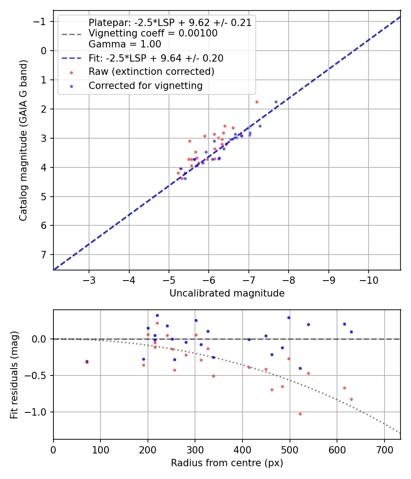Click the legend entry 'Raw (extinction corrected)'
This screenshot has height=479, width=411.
coord(151,72)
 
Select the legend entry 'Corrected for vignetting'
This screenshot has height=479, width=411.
coord(145,85)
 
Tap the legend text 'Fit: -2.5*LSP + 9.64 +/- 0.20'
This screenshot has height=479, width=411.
coord(156,58)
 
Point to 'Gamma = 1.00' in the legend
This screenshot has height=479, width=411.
coord(125,44)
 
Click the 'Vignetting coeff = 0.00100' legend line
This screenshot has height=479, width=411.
coord(153,33)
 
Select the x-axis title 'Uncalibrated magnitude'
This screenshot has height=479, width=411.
coord(227,293)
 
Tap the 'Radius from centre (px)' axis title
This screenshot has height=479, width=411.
coord(227,463)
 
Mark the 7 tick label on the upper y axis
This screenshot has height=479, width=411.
coord(44,255)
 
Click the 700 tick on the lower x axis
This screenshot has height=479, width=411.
coord(384,450)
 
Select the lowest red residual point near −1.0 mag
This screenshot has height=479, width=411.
coord(300,414)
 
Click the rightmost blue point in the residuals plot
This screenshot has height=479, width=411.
coord(351,332)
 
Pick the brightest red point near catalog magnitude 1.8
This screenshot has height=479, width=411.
coord(257,102)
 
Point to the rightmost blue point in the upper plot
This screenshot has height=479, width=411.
coord(276,102)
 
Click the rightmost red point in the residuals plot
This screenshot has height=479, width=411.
coord(351,399)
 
